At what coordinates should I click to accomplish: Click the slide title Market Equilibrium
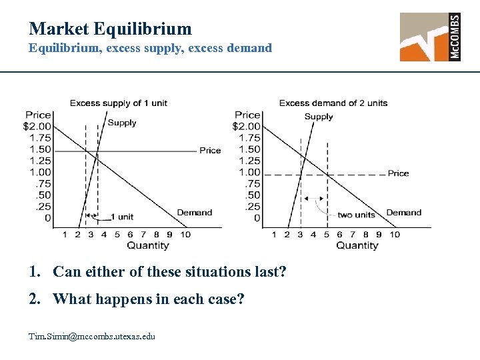110,29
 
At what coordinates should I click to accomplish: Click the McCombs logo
430,37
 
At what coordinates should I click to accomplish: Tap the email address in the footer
92,336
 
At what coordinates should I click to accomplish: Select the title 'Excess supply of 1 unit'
118,103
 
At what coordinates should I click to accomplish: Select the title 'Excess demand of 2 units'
333,103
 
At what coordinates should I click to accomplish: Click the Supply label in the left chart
122,123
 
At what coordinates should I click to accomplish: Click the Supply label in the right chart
319,117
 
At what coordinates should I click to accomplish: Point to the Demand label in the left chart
195,213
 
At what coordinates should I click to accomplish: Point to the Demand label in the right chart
404,213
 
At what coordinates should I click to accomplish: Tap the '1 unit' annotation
121,217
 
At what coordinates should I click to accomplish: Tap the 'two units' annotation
357,215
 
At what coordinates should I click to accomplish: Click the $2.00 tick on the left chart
37,126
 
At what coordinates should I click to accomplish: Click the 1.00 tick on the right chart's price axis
249,172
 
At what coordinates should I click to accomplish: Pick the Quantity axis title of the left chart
148,245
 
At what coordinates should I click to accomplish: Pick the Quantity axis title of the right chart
357,245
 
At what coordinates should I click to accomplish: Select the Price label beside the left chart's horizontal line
210,151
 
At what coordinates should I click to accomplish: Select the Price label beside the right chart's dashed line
399,173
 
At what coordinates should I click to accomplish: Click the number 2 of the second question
32,299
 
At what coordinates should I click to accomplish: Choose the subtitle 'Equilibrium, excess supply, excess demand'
150,48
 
